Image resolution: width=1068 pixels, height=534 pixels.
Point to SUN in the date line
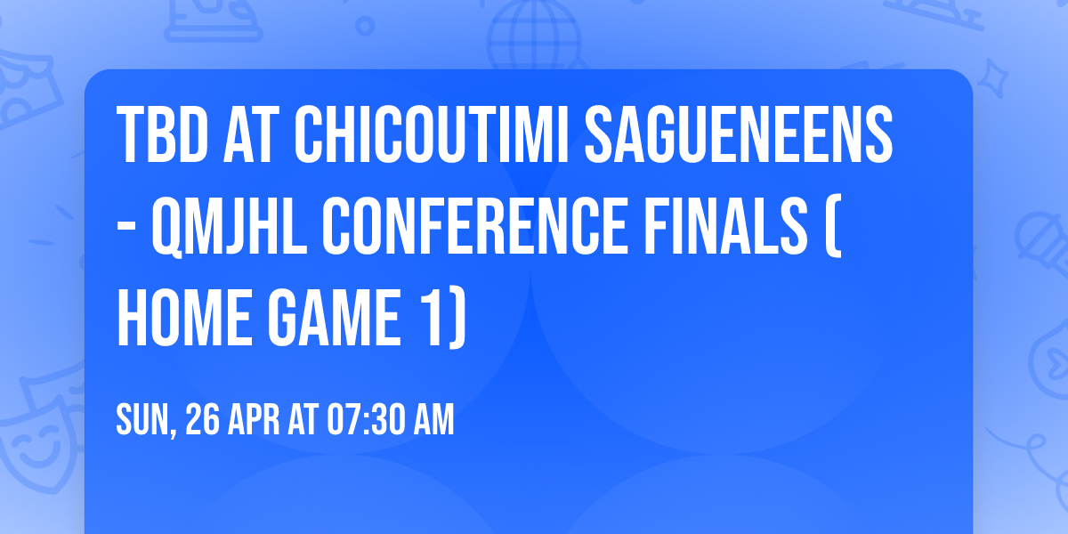(x=143, y=421)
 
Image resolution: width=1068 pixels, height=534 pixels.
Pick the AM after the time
(x=434, y=420)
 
